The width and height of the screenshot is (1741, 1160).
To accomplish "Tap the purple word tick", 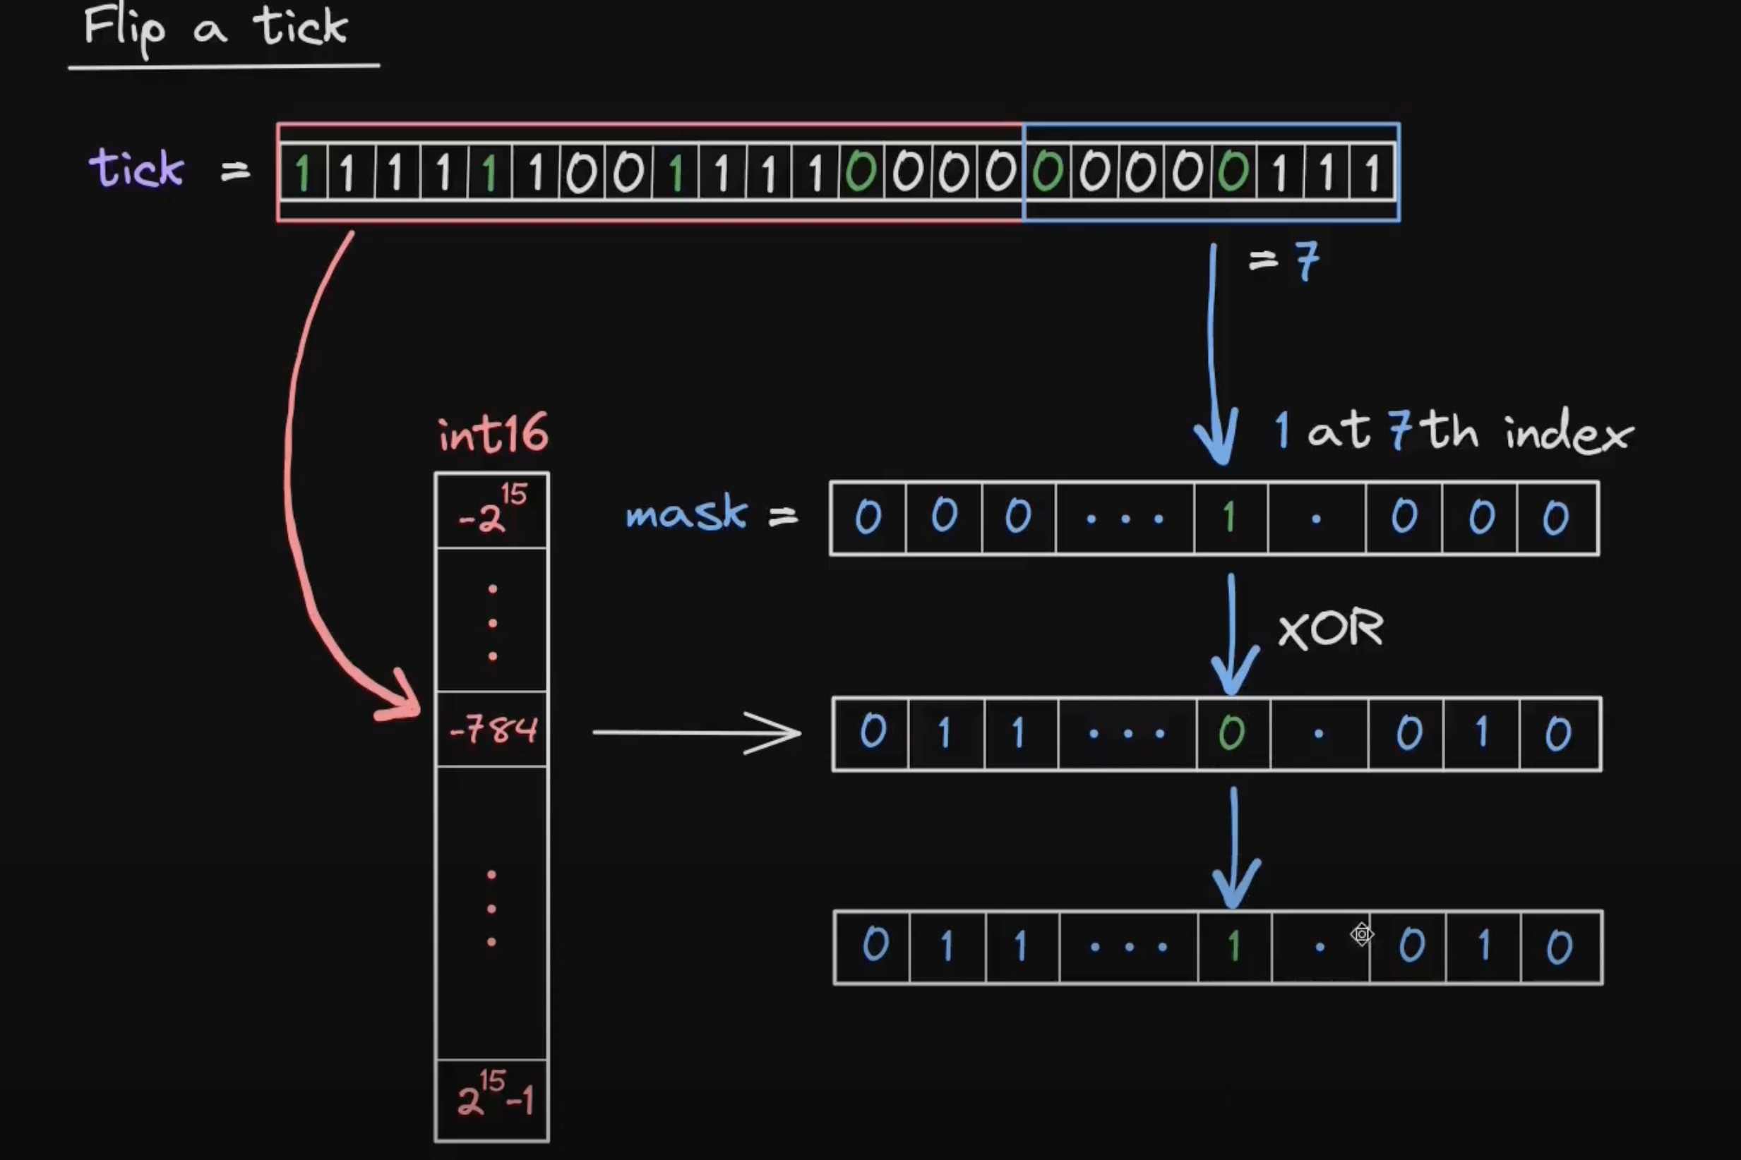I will coord(137,168).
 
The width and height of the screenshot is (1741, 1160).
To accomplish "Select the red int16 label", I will coord(493,433).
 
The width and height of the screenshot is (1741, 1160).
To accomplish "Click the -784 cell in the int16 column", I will coord(492,730).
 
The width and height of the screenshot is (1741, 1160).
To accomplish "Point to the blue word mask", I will coord(686,513).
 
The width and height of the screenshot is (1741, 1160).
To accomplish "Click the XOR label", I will coord(1330,629).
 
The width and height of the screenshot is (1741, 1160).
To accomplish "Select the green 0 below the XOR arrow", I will coord(1232,733).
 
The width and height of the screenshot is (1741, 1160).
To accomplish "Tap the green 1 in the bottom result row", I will coord(1233,946).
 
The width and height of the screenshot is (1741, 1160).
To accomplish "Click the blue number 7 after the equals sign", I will coord(1308,261).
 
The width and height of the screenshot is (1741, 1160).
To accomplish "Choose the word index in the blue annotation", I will coord(1569,432).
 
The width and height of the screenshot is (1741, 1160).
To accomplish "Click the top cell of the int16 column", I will coord(492,510).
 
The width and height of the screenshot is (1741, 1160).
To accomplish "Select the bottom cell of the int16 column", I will coord(492,1100).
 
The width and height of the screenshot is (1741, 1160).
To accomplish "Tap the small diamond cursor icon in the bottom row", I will coord(1361,934).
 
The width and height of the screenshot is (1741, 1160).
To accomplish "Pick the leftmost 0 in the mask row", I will coord(868,517).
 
